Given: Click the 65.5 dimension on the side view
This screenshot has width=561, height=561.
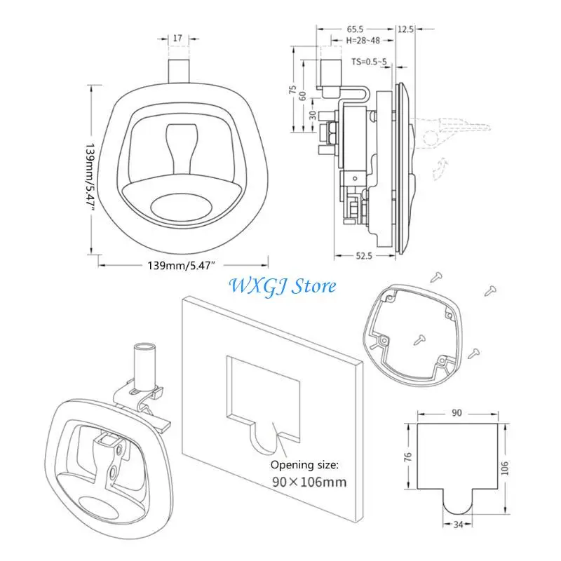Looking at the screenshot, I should tap(356, 30).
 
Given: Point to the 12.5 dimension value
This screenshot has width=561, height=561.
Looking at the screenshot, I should tap(405, 30).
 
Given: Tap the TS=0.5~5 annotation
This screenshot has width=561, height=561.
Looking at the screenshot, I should tap(372, 62).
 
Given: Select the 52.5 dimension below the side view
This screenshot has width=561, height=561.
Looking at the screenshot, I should tap(363, 256).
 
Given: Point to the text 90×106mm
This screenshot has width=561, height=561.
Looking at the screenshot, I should tap(309, 482).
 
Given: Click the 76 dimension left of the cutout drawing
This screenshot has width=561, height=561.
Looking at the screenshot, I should tap(409, 457).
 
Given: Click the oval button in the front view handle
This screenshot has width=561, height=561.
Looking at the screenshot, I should tap(182, 205).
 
